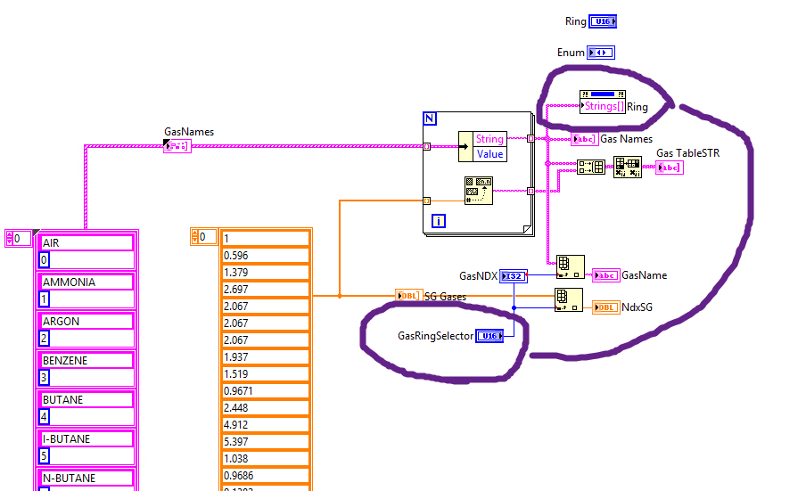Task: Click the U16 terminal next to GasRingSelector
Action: click(x=489, y=336)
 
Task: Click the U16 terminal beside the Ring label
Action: click(x=603, y=21)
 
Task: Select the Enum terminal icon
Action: click(x=601, y=53)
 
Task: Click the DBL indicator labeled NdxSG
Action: click(x=605, y=307)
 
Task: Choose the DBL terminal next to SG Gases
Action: click(x=407, y=296)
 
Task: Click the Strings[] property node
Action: click(x=603, y=107)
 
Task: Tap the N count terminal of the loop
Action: click(x=431, y=119)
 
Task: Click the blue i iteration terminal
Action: click(x=437, y=220)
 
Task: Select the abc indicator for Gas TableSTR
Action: click(x=669, y=168)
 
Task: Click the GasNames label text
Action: click(x=188, y=132)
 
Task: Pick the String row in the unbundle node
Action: click(x=489, y=138)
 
